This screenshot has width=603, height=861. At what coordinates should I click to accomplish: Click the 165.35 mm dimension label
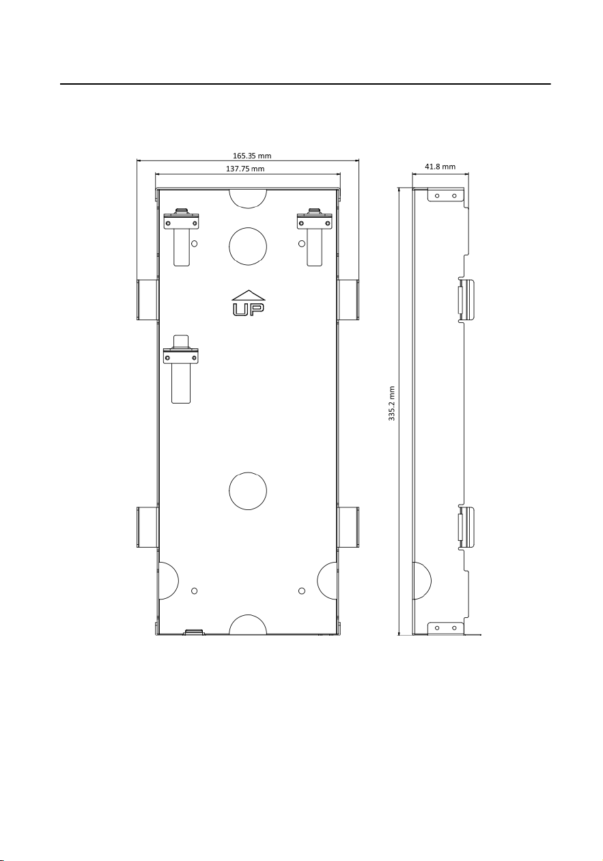[252, 156]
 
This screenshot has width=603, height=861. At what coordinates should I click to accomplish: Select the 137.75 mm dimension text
[244, 169]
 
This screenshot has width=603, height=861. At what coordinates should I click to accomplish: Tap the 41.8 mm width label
[440, 167]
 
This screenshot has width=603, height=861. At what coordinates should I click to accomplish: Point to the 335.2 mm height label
[391, 404]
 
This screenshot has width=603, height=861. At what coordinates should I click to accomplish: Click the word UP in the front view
[249, 309]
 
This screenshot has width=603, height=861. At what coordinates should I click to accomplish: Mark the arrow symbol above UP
[249, 295]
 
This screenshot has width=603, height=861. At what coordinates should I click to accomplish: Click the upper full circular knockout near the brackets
[248, 246]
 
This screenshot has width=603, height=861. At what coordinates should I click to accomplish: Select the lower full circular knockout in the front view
[248, 491]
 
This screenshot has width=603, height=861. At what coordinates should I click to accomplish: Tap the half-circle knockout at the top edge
[248, 198]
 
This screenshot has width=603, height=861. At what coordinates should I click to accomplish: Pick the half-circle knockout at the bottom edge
[248, 625]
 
